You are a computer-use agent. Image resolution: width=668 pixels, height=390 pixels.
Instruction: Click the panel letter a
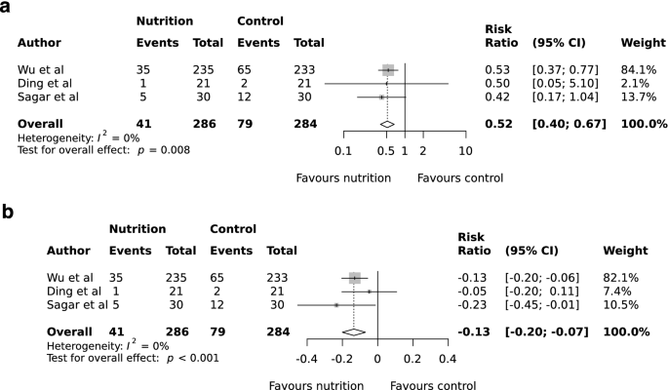point(7,9)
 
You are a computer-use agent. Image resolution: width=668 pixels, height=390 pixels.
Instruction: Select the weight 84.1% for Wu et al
point(638,70)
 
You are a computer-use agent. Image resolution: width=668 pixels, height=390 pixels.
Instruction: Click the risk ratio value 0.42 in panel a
point(496,97)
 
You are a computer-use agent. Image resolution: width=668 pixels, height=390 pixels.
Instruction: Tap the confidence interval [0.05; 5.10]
point(566,84)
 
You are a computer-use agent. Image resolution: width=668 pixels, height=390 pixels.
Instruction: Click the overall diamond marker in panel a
point(386,124)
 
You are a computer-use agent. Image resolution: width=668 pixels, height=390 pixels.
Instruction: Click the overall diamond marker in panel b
point(353,331)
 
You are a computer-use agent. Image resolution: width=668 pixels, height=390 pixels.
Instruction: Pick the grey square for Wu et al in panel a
point(388,70)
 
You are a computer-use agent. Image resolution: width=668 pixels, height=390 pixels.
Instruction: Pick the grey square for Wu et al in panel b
point(354,278)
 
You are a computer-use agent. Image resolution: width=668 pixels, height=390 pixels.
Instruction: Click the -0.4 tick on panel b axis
point(306,359)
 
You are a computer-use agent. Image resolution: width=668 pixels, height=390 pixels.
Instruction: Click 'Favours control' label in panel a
point(459,177)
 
